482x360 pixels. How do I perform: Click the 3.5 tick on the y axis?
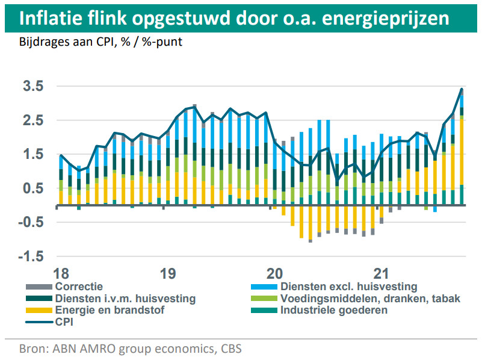(x=33, y=86)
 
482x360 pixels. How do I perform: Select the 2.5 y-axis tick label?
(x=33, y=120)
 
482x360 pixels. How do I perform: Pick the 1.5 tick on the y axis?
(x=33, y=155)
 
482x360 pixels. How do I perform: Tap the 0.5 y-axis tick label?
(x=33, y=188)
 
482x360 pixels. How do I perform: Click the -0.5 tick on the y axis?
(x=31, y=223)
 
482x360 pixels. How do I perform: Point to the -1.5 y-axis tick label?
(x=31, y=257)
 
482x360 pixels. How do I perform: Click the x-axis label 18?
(x=60, y=273)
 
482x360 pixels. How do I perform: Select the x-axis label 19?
(x=168, y=273)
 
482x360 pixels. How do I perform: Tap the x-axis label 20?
(x=275, y=273)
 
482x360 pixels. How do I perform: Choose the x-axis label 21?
(x=382, y=273)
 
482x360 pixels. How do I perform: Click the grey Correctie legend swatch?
(x=39, y=287)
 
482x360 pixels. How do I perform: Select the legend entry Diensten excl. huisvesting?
(x=348, y=287)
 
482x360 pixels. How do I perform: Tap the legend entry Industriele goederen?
(x=334, y=311)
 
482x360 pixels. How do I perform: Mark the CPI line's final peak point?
(x=462, y=89)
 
